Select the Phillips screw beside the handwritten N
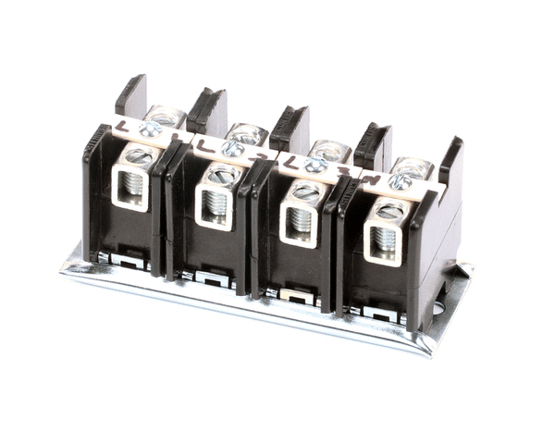click(400, 181)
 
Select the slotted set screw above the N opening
click(388, 209)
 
